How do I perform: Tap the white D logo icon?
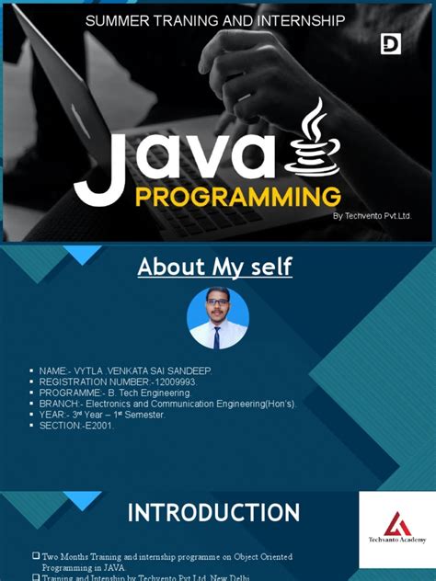pyautogui.click(x=390, y=43)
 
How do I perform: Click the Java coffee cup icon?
pyautogui.click(x=314, y=137)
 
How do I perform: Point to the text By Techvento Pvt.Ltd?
pyautogui.click(x=372, y=216)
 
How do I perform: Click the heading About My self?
pyautogui.click(x=214, y=268)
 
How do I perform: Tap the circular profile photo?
pyautogui.click(x=218, y=318)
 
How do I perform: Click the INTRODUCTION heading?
pyautogui.click(x=213, y=512)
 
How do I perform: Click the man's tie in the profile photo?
pyautogui.click(x=217, y=337)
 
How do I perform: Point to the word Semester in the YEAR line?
pyautogui.click(x=143, y=415)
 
